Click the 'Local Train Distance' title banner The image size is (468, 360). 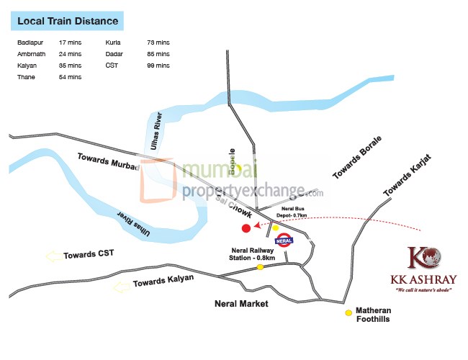pos(68,22)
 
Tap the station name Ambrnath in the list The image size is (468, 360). pos(31,55)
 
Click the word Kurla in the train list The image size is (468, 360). pos(113,44)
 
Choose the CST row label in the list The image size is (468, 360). pos(111,66)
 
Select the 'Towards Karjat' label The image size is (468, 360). pos(407,175)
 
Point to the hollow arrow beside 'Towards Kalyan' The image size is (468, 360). pos(121,287)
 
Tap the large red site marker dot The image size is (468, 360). pos(246,228)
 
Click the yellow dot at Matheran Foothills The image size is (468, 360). pos(348,312)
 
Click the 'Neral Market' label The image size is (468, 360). pos(241,304)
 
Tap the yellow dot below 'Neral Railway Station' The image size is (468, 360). pos(261,267)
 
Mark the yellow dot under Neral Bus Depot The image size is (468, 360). pos(275,228)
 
